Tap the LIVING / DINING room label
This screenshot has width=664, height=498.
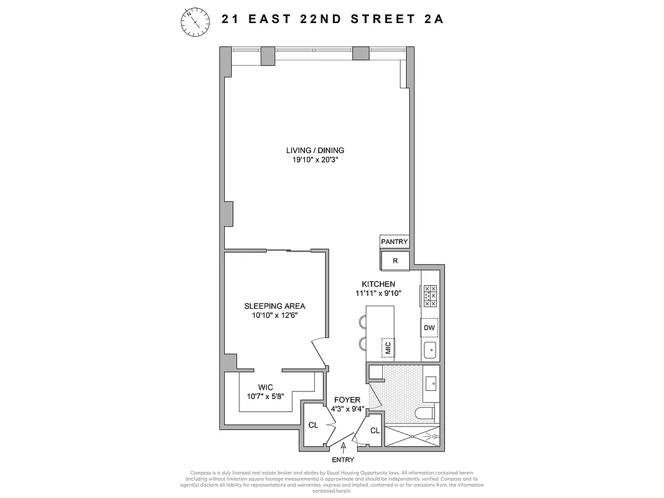(x=315, y=150)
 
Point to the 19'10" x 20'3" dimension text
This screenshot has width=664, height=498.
(x=315, y=160)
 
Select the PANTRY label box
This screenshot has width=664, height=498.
(x=395, y=242)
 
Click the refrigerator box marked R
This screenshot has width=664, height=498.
(x=395, y=261)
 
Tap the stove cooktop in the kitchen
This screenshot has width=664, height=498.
(x=430, y=296)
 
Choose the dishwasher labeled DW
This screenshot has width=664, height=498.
(x=429, y=327)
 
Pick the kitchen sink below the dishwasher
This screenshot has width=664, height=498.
(x=429, y=351)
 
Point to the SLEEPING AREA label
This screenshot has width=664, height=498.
(x=274, y=306)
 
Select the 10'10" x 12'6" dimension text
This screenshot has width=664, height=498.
(x=274, y=316)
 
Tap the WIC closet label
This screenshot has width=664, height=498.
(x=266, y=387)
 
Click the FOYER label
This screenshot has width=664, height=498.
(x=347, y=400)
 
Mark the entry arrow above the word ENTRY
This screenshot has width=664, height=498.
(x=343, y=446)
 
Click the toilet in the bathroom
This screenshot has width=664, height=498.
(x=426, y=414)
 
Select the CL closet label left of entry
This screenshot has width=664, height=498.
(x=314, y=426)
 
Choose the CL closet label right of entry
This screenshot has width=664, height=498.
(x=375, y=431)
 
